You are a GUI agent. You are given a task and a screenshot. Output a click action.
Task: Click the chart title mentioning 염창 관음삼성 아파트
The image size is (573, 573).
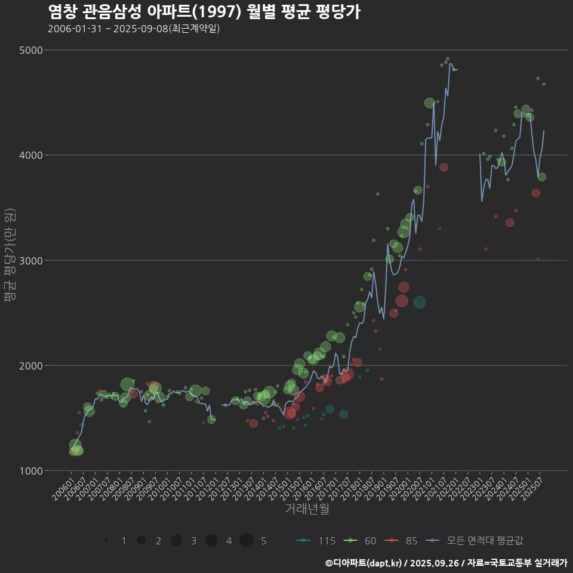204,11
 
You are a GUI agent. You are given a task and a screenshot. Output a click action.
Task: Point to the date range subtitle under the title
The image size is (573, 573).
134,29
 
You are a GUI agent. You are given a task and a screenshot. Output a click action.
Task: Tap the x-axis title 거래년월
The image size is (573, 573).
307,509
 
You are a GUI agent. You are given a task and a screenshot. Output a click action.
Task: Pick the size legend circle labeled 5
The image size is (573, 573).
247,540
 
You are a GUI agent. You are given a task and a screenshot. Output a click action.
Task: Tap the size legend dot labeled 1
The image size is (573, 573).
106,540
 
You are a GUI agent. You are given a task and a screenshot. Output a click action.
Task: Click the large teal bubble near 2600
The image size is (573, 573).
420,303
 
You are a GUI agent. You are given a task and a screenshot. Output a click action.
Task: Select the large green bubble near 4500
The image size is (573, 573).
430,103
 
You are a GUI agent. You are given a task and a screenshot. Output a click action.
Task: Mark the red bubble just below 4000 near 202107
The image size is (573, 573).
443,167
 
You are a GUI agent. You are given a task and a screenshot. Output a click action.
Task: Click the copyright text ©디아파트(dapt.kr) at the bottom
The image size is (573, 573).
364,563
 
